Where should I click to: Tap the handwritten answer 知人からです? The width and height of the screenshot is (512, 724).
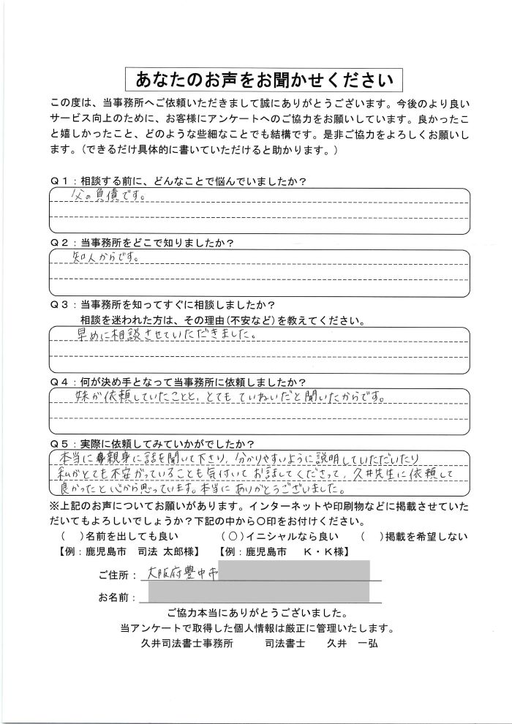point(103,258)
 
